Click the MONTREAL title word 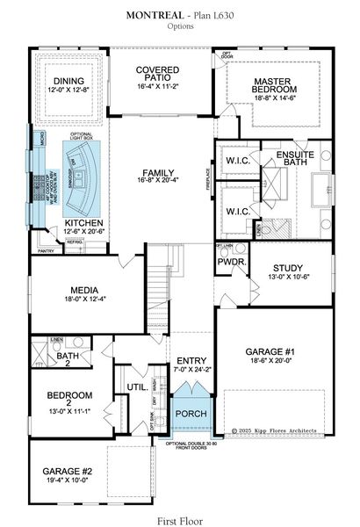[x=155, y=16]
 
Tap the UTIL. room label [x=136, y=386]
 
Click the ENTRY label [x=191, y=361]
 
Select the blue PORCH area [x=191, y=414]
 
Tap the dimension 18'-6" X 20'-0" [x=272, y=363]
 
